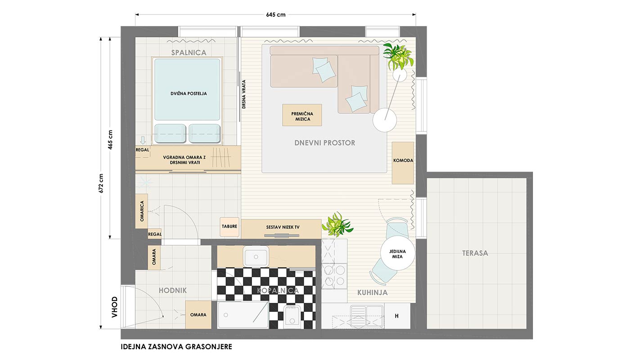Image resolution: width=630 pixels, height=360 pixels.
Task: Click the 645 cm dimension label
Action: [275, 14]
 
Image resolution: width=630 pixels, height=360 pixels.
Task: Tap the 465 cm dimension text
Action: [110, 140]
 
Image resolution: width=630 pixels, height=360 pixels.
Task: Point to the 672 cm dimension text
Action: [101, 184]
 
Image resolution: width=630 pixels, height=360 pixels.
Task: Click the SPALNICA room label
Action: [189, 52]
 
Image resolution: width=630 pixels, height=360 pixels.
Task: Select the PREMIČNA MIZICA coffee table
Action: [302, 115]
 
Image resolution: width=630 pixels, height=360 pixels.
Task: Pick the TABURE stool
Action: [229, 227]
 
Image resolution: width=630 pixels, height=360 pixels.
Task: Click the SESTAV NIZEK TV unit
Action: [281, 229]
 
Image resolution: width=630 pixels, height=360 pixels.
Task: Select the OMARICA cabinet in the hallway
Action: [141, 211]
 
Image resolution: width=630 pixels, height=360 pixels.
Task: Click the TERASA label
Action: [475, 253]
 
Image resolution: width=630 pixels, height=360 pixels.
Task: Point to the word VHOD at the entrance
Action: [114, 307]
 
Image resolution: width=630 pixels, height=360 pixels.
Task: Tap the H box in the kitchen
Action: [396, 316]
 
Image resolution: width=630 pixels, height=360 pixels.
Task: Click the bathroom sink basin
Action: [256, 256]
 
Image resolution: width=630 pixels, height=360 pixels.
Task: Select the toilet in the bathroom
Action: [292, 317]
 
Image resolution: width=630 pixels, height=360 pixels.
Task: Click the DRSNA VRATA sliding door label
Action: [244, 94]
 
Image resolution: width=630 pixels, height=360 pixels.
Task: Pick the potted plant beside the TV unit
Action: [337, 225]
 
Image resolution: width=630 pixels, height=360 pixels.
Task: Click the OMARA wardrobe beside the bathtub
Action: [198, 315]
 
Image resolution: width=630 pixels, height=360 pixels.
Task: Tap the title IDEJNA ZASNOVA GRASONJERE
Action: [176, 347]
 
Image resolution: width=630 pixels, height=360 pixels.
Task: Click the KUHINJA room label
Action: [373, 292]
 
